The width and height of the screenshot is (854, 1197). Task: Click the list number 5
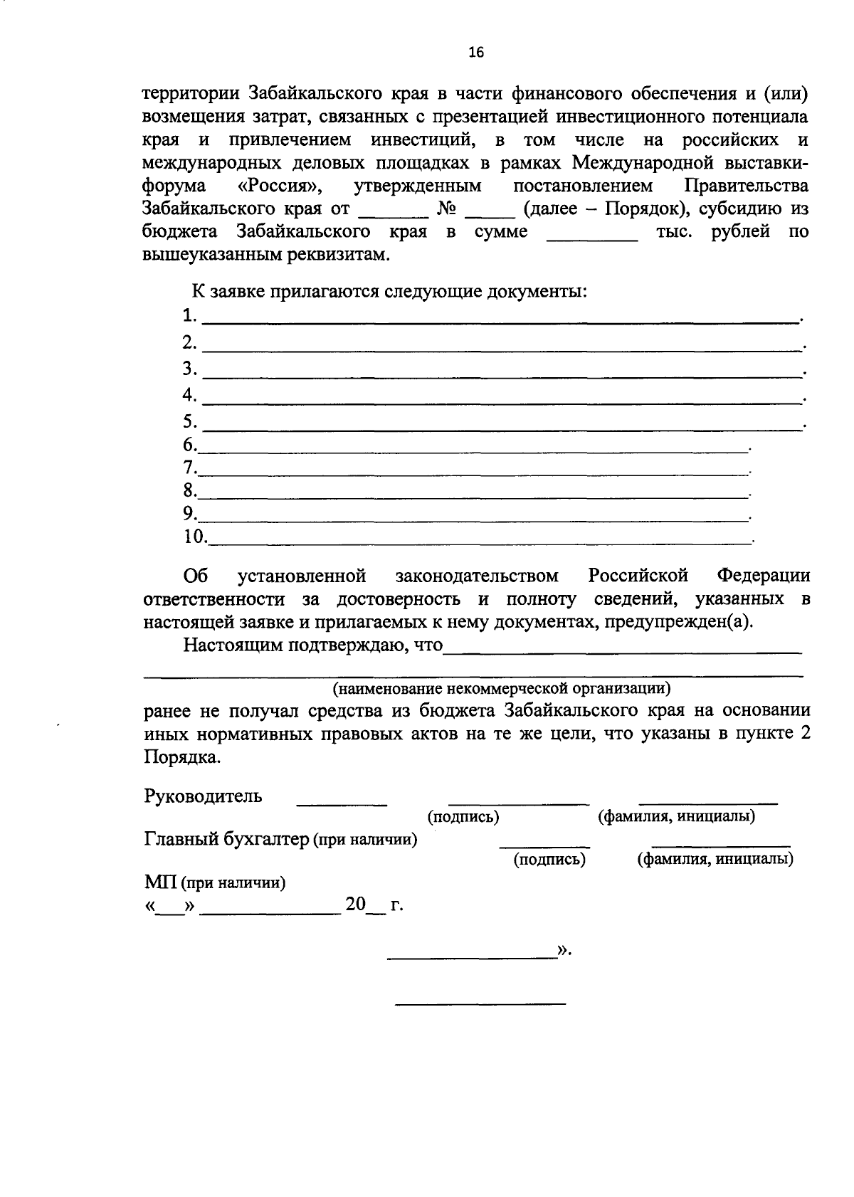189,421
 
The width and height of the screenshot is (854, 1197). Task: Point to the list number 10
194,536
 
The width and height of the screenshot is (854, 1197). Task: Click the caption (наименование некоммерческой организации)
501,688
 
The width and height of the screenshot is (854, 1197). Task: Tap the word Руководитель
203,796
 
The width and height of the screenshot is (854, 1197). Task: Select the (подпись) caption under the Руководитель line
463,817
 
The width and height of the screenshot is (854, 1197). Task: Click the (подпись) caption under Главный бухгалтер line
549,860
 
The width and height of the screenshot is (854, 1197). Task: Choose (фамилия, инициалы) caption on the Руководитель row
676,817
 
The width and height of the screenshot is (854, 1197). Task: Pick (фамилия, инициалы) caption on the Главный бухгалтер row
715,860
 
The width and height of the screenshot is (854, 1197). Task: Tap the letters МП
160,883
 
